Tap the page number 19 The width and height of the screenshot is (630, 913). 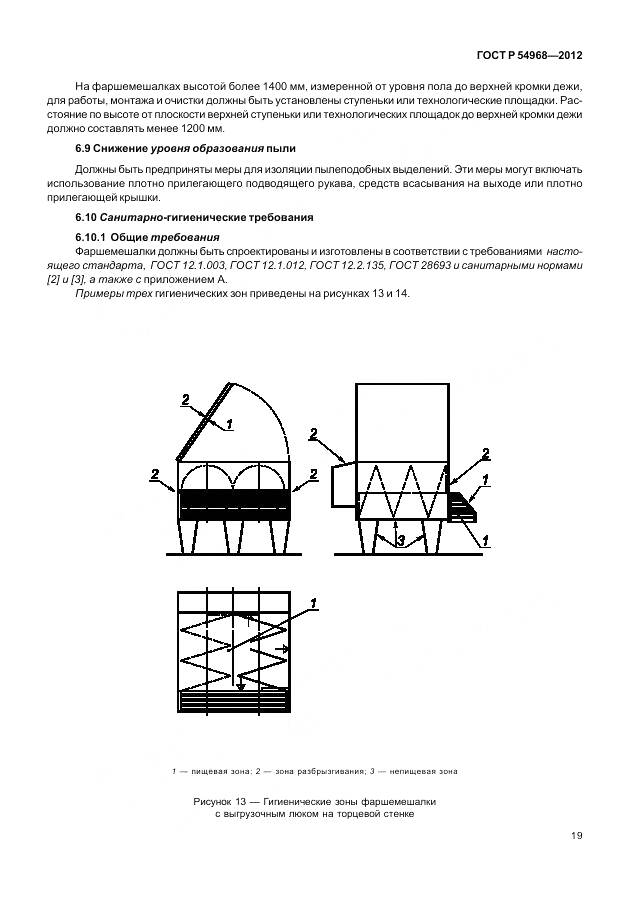point(577,837)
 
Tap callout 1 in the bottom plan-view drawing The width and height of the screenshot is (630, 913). point(314,602)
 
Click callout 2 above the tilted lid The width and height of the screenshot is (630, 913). point(185,399)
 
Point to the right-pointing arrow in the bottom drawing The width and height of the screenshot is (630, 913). point(285,649)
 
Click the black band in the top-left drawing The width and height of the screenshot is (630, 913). point(234,497)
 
